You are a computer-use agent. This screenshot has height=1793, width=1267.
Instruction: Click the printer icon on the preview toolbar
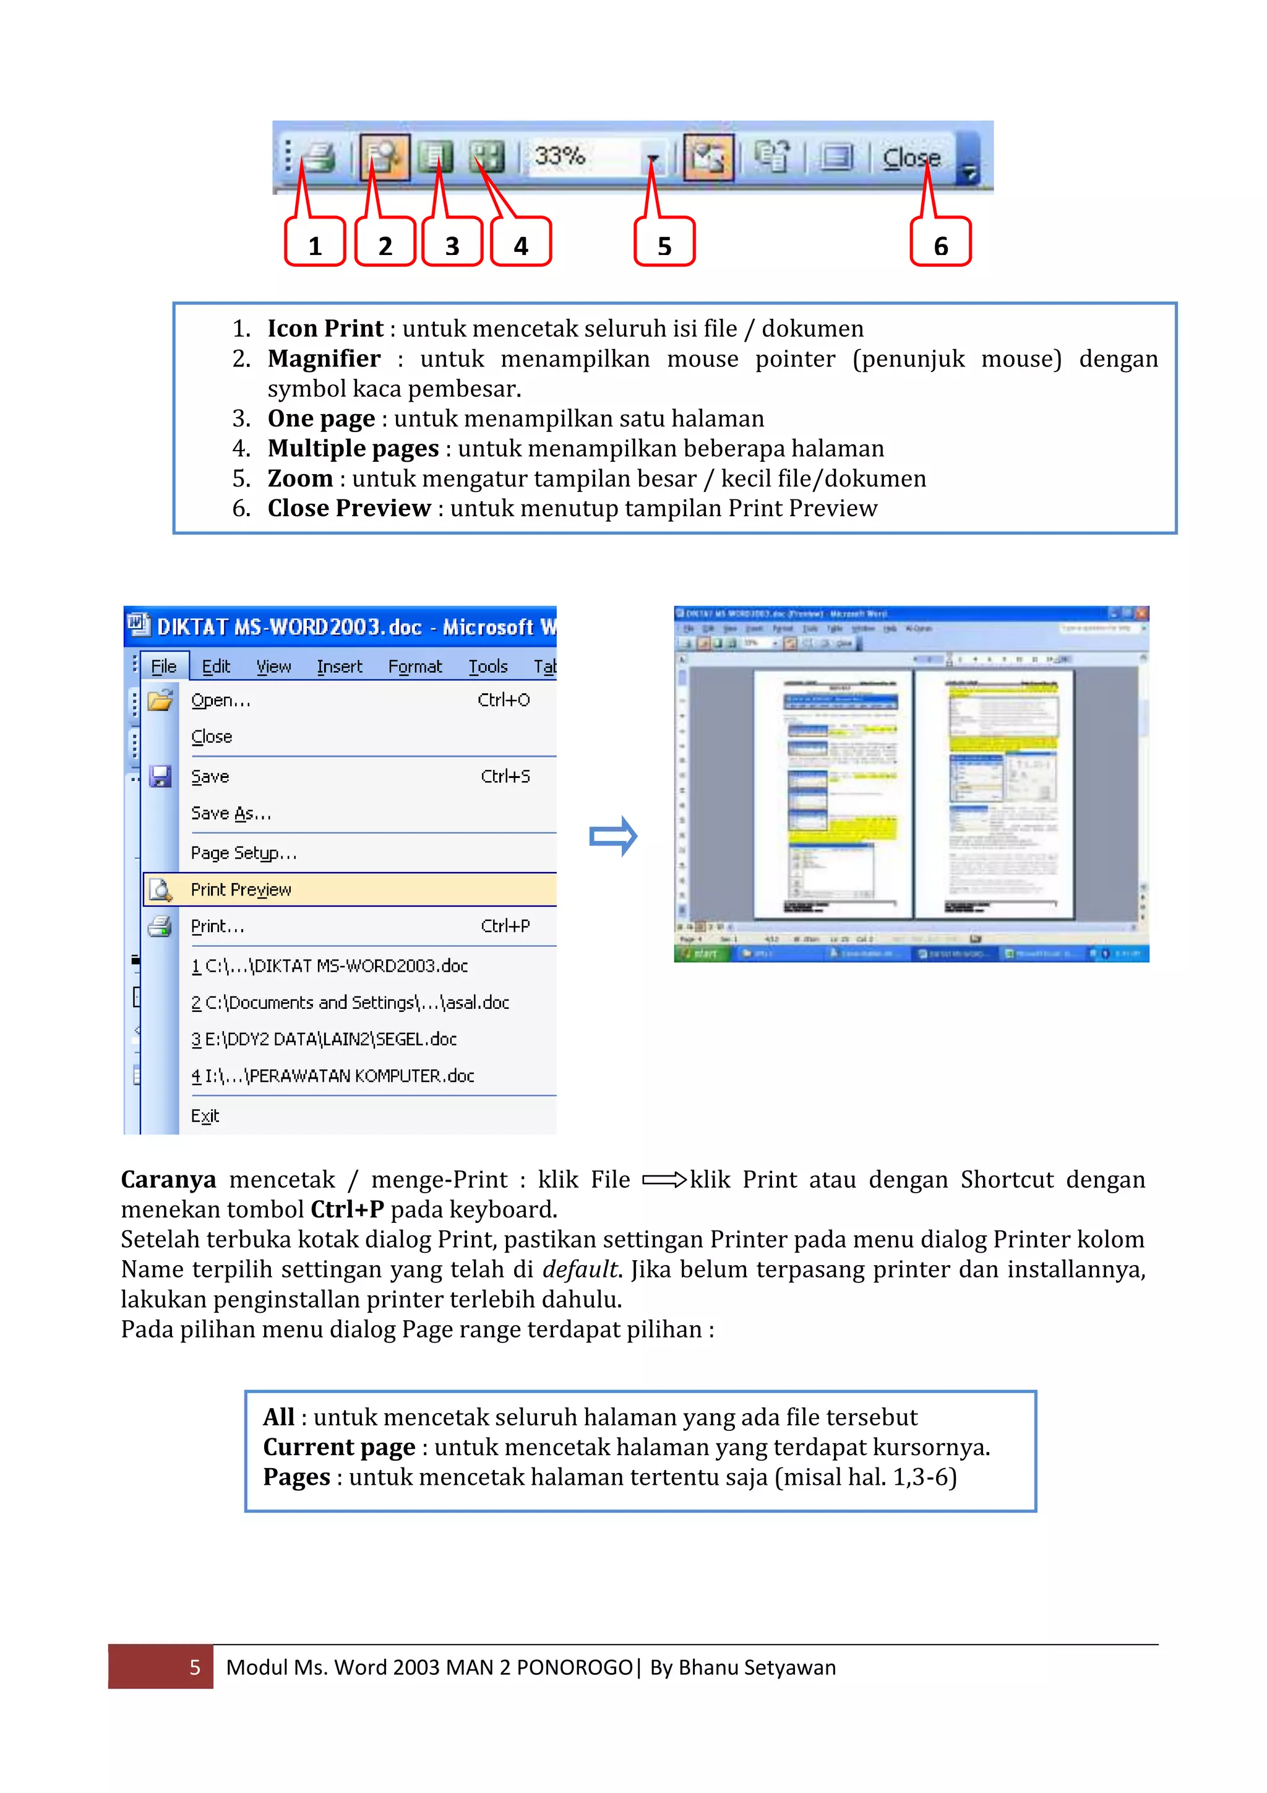[319, 157]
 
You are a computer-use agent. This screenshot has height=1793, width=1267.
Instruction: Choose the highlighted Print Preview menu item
[241, 889]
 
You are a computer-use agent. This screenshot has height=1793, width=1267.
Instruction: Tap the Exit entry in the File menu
[205, 1115]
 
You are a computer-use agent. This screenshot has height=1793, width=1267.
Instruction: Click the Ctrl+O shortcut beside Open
[504, 700]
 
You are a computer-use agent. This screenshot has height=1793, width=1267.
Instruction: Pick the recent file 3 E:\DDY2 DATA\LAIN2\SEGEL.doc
[324, 1039]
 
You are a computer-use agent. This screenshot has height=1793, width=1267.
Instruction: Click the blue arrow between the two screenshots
[614, 836]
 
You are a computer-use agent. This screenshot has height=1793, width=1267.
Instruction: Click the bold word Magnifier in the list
[324, 358]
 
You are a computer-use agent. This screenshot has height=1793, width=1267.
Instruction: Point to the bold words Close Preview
[349, 508]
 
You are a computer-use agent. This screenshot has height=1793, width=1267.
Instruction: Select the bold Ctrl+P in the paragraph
[348, 1209]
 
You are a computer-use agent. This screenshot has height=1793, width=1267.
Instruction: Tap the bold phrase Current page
[339, 1447]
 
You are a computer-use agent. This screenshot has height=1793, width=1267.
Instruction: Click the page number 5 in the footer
[195, 1667]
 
